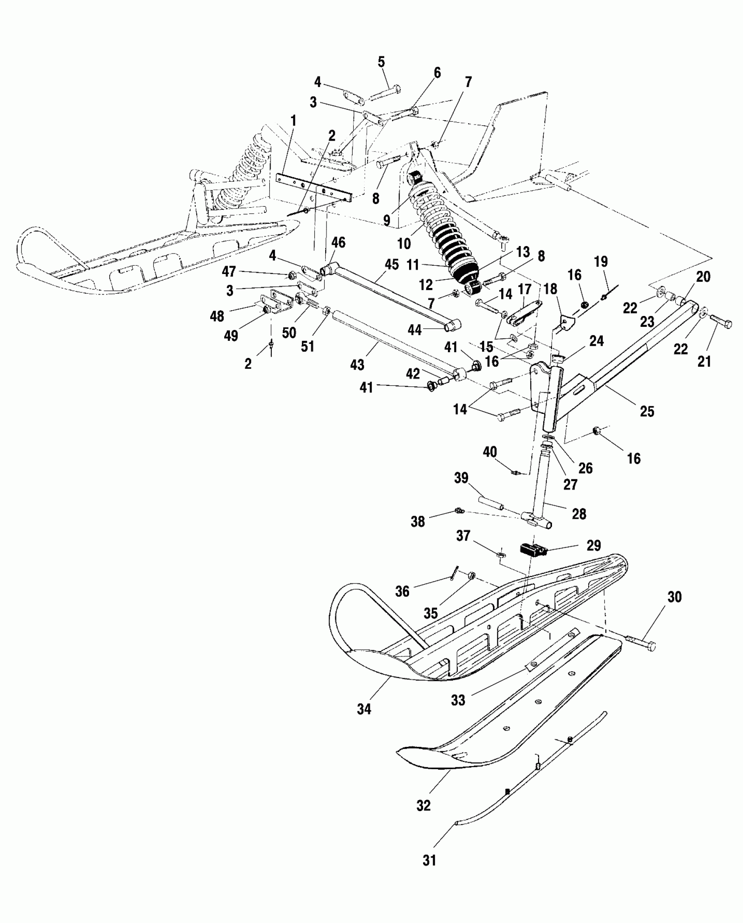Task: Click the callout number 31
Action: [430, 860]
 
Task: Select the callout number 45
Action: [392, 264]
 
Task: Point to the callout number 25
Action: [647, 411]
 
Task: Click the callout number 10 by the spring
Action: [404, 243]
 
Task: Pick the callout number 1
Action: [293, 121]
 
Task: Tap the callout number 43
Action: [357, 364]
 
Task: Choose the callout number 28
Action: [579, 514]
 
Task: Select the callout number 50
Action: [289, 333]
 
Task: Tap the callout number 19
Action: [601, 262]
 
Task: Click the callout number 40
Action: [490, 451]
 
